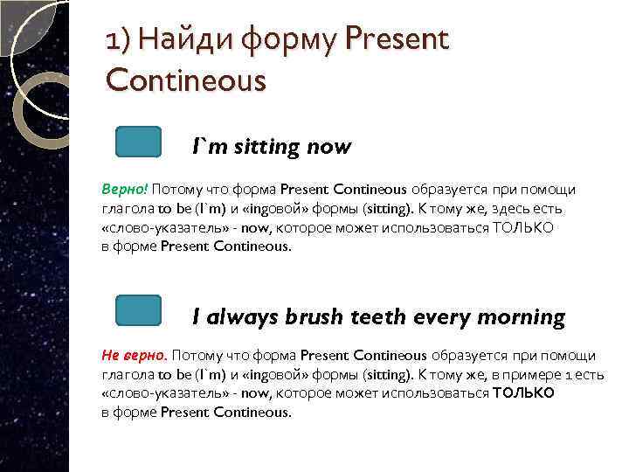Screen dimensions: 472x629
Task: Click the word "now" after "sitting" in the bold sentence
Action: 328,146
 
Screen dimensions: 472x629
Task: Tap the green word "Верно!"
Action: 125,190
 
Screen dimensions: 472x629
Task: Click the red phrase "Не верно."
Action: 135,356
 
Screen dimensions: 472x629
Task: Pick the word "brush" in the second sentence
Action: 314,316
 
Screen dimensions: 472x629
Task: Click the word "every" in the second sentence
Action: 441,316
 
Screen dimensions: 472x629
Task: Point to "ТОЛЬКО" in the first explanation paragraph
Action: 523,227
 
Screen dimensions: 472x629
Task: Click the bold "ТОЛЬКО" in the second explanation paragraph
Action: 523,393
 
